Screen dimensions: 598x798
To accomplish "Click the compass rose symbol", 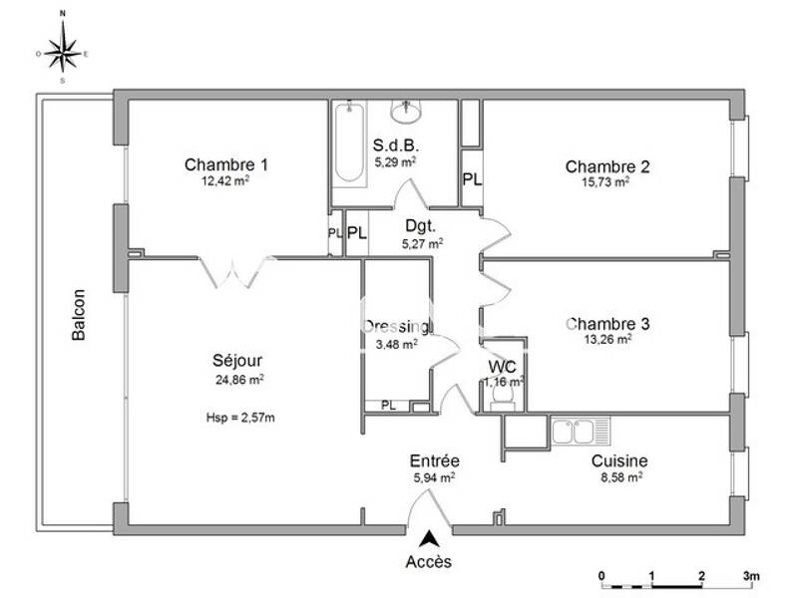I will coord(63,48).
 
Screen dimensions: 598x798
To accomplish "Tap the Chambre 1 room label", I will coord(226,164).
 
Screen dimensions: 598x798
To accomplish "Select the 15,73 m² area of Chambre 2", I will coord(607,182).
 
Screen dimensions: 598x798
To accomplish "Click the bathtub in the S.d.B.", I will coord(349,144).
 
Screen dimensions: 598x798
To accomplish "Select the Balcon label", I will coord(79,315).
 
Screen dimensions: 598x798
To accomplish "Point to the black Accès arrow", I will coord(429,539).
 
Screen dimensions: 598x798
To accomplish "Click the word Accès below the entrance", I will coord(428,561).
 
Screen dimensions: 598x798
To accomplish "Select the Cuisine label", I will coord(619,460).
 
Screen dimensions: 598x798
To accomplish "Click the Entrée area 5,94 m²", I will coord(434,477).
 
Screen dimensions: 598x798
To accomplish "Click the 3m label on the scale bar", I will coord(750,576).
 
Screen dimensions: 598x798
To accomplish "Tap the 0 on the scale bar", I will coord(601,576).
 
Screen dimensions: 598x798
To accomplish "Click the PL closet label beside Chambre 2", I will coord(471,179).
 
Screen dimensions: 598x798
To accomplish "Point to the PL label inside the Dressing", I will coord(387,406).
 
